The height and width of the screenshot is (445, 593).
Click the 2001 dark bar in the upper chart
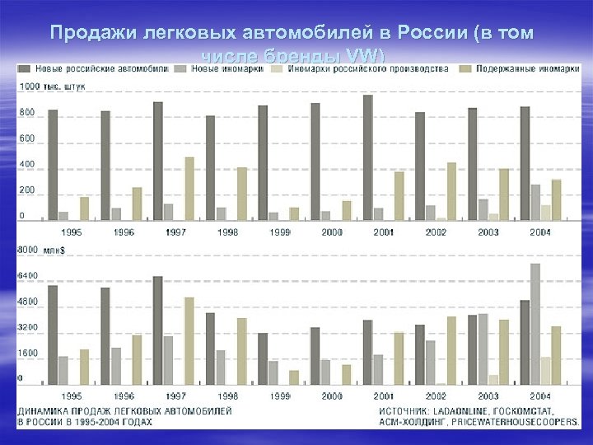click(x=367, y=157)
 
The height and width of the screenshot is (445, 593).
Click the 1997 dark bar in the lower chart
click(x=157, y=330)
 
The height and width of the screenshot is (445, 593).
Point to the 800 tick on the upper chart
click(x=27, y=111)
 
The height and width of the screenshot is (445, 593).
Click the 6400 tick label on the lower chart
click(x=28, y=274)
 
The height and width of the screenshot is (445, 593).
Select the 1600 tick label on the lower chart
click(x=28, y=352)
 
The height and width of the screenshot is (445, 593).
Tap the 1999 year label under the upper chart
click(x=279, y=232)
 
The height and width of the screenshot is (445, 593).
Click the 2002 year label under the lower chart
click(x=436, y=396)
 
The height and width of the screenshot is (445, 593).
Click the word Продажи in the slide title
click(x=86, y=33)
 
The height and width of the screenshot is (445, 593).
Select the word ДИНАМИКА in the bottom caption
click(x=44, y=410)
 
